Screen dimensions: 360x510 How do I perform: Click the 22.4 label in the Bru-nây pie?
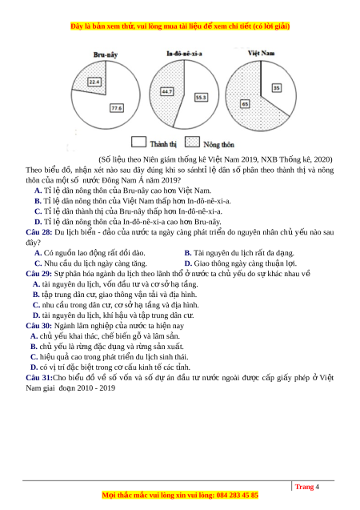tap(94, 82)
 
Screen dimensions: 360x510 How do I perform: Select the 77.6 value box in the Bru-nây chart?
tap(117, 108)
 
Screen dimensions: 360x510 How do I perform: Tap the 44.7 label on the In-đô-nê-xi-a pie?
tap(167, 92)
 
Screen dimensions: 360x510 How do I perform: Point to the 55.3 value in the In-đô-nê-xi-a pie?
tap(201, 97)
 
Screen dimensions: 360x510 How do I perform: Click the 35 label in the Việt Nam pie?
tap(277, 88)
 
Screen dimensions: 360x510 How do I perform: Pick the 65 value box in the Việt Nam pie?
tap(245, 104)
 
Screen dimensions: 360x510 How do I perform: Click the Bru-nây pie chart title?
tap(106, 54)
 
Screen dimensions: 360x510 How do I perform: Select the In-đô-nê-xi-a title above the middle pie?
tap(184, 54)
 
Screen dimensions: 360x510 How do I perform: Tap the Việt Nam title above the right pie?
tap(262, 53)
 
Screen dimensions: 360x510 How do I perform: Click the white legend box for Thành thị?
tap(138, 142)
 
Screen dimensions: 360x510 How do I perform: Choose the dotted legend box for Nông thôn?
tap(192, 142)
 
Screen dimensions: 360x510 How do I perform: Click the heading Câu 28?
tap(39, 232)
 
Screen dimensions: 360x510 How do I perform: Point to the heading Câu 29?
tap(39, 274)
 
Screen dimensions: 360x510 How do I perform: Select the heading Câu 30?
tap(39, 326)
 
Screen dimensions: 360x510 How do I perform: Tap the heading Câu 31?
tap(39, 378)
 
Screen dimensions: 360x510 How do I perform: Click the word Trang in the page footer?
tap(305, 487)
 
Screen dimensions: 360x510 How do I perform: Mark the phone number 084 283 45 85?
tap(237, 496)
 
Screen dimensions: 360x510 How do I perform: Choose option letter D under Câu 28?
tap(188, 263)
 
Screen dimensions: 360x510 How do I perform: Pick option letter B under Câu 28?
tap(188, 253)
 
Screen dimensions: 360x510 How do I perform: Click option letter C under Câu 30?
tap(34, 357)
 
